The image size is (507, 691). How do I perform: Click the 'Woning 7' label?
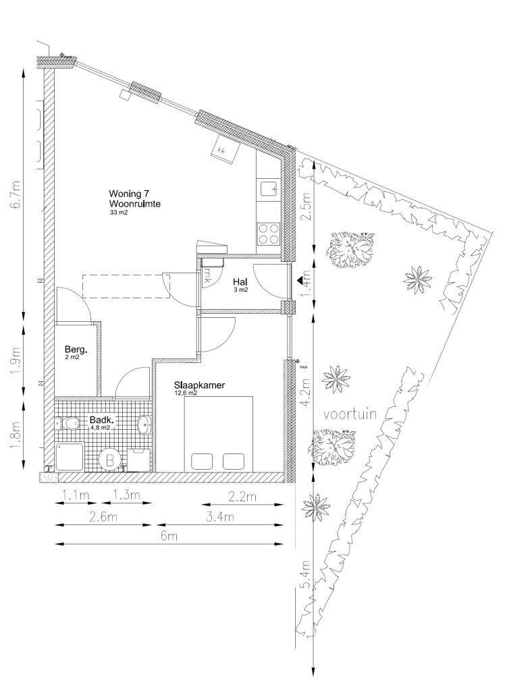(x=128, y=194)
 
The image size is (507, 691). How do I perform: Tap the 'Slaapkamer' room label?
(x=199, y=385)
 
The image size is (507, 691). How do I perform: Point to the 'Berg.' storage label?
(x=76, y=351)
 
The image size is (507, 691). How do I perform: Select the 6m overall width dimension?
(x=169, y=536)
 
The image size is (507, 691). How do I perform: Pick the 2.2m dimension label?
(x=242, y=497)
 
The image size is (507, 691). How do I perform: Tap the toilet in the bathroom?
(x=66, y=424)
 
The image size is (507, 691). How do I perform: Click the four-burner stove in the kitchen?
(x=269, y=233)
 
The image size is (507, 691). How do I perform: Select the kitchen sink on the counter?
(x=269, y=190)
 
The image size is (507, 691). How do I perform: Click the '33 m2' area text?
(x=119, y=213)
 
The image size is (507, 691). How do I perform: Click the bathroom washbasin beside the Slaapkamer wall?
(x=144, y=425)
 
